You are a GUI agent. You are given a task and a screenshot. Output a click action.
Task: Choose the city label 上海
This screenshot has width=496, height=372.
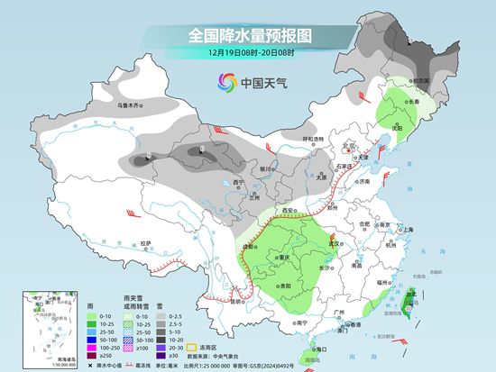coord(410,230)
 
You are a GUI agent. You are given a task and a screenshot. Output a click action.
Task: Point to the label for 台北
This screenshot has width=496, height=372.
coord(414,294)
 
